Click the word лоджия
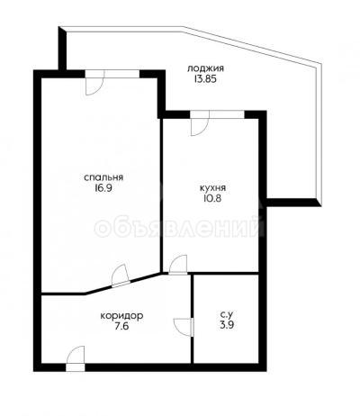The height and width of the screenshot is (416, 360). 205,69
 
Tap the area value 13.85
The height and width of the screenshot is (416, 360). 205,80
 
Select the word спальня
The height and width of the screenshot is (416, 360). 103,177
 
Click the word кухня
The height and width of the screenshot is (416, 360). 212,188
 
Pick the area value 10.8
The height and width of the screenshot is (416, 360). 212,199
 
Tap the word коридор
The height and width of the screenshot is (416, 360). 121,316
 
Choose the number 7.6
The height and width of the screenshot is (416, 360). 121,326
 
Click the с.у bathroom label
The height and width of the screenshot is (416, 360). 227,315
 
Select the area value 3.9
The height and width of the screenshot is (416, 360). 227,325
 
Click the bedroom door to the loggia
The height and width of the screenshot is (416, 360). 94,83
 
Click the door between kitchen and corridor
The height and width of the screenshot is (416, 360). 178,265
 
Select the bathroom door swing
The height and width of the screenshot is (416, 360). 184,327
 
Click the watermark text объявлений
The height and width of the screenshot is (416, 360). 179,228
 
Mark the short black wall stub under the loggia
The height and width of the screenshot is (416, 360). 293,203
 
